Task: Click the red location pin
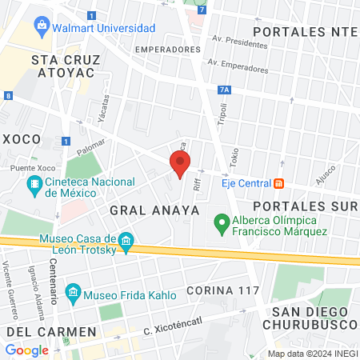point(179,164)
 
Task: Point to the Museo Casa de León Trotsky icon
point(125,240)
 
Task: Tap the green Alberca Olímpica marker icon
point(220,222)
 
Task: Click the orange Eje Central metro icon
point(278,183)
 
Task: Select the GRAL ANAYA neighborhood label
point(142,210)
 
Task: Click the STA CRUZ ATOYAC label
point(62,66)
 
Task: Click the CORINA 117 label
point(222,289)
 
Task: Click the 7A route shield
point(224,90)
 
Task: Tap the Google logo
point(26,350)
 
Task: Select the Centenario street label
point(54,282)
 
